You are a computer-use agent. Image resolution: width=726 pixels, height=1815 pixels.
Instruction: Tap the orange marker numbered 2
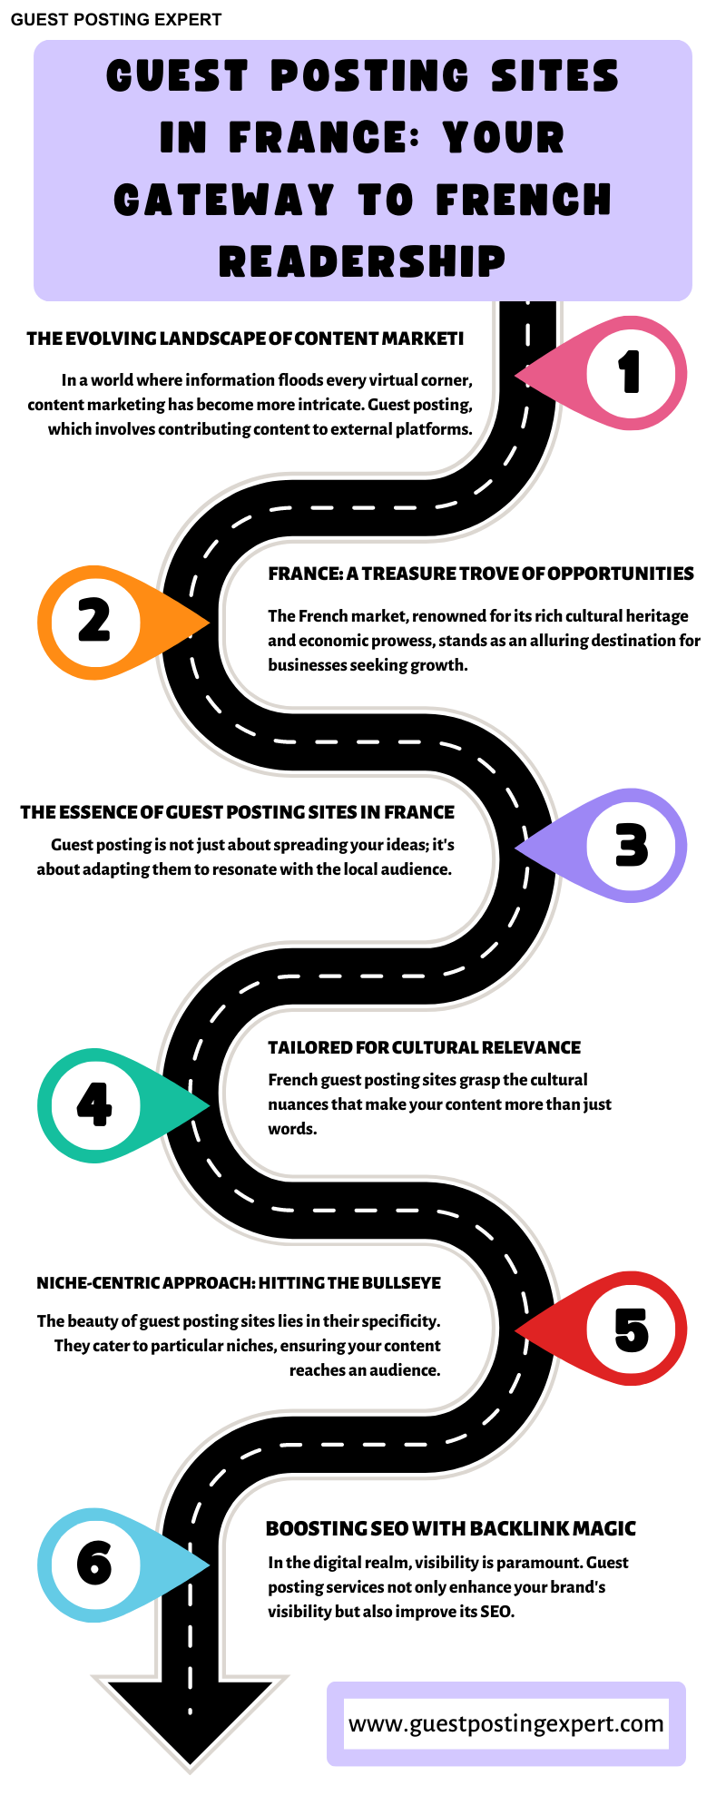(x=93, y=623)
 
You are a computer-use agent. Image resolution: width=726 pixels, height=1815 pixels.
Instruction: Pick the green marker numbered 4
(x=93, y=1105)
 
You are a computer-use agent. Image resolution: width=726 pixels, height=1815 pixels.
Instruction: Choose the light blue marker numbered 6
(x=93, y=1565)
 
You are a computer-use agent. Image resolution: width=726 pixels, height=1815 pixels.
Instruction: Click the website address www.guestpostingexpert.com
(x=505, y=1723)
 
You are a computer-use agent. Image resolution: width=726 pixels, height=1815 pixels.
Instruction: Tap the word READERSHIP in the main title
(x=362, y=261)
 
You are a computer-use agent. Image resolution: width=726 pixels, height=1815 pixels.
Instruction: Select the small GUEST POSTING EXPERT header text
(x=116, y=20)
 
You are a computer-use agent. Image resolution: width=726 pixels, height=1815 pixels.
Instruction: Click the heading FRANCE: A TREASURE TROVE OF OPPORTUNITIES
(x=480, y=574)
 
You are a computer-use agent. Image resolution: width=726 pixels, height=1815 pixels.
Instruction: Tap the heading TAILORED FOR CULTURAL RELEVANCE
(x=424, y=1047)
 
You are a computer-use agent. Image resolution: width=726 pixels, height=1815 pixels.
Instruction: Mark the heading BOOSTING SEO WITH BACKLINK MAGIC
(x=450, y=1528)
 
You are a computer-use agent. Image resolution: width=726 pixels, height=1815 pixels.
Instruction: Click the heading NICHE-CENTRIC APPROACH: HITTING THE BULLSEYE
(x=239, y=1282)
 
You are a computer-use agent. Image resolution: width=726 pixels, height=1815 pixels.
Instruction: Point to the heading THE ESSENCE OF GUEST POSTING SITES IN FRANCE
(x=238, y=812)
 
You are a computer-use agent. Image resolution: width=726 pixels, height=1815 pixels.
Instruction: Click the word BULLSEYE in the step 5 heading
(x=402, y=1282)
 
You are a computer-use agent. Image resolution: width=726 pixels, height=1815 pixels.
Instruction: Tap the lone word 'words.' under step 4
(x=292, y=1129)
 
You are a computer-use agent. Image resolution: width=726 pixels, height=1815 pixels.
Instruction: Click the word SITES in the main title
(x=554, y=76)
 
